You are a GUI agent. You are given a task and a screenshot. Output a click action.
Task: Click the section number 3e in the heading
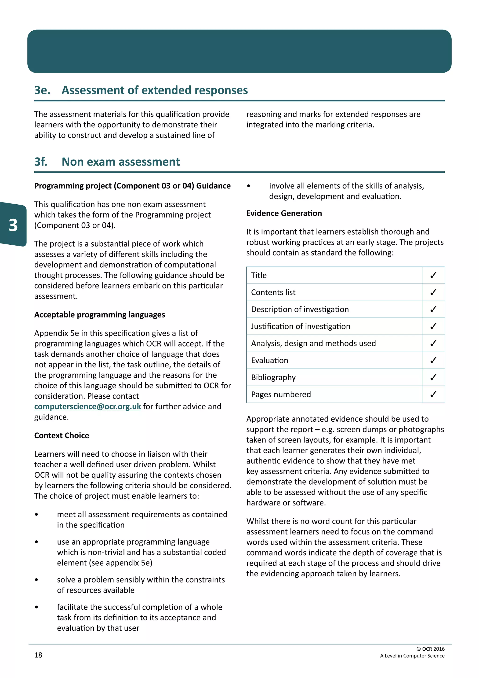pyautogui.click(x=42, y=90)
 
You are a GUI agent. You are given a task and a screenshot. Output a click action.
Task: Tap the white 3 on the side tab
pyautogui.click(x=13, y=225)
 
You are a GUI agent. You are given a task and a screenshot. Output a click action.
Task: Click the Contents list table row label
pyautogui.click(x=273, y=292)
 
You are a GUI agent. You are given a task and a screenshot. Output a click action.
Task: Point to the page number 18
pyautogui.click(x=38, y=655)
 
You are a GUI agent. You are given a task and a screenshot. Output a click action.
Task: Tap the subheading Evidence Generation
pyautogui.click(x=284, y=213)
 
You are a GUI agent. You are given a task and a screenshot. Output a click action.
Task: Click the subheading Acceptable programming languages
pyautogui.click(x=99, y=315)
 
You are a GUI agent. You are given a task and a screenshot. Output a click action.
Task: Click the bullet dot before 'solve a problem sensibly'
pyautogui.click(x=36, y=580)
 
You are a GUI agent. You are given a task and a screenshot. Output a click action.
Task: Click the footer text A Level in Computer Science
pyautogui.click(x=412, y=656)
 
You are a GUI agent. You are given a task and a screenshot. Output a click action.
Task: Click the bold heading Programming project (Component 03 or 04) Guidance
pyautogui.click(x=132, y=186)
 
